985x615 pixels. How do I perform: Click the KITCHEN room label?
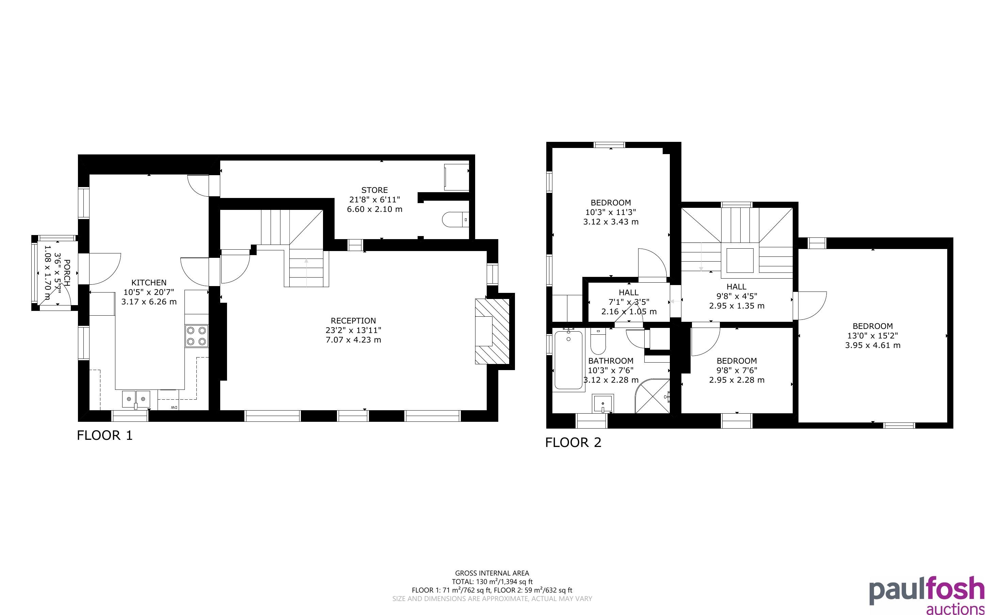tap(149, 282)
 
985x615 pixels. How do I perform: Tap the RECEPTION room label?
tap(353, 320)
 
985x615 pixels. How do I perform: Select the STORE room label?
tap(374, 190)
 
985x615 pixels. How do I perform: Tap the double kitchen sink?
tap(136, 399)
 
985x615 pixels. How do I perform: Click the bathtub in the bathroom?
tap(568, 360)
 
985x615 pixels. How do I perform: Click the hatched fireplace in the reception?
tap(492, 331)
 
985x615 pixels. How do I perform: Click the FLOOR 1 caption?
tap(105, 436)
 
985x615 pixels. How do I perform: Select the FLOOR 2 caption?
tap(573, 443)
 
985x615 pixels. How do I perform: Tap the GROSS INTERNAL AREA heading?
tap(492, 574)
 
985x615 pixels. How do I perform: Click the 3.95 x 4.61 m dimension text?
tap(873, 345)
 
